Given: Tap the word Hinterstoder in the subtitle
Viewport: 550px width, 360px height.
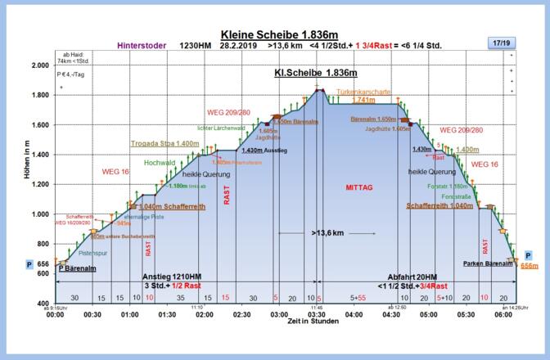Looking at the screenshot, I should tap(143, 46).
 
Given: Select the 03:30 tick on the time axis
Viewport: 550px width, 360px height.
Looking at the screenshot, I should tap(315, 313).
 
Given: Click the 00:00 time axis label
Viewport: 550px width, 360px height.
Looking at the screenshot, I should tap(56, 313).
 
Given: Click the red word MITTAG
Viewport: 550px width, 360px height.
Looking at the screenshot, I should tap(358, 187).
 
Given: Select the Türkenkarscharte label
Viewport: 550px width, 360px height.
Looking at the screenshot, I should tap(363, 92).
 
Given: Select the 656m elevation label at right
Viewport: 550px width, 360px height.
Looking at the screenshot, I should tap(530, 266).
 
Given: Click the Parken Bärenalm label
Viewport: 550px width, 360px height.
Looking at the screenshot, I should tap(487, 263).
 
